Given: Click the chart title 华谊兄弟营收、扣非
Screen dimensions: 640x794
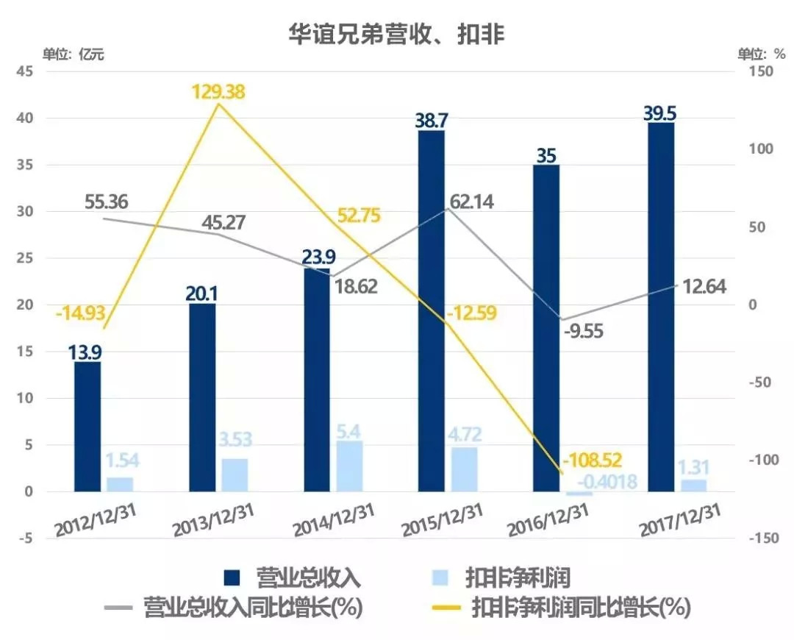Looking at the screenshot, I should tap(396, 34).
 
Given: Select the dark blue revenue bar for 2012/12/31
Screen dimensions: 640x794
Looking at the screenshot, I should tap(87, 427).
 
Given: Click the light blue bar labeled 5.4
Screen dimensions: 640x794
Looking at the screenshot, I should tap(349, 466).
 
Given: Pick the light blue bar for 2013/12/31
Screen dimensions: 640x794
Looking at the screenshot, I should tap(235, 474).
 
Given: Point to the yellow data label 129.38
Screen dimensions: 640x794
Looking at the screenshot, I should tap(218, 93).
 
